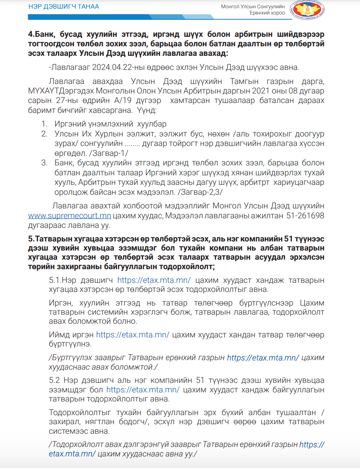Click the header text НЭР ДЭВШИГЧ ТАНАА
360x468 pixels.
(64, 7)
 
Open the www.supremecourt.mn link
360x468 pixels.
(70, 215)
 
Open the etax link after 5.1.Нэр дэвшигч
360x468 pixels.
(154, 280)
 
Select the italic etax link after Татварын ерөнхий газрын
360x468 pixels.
(263, 358)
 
